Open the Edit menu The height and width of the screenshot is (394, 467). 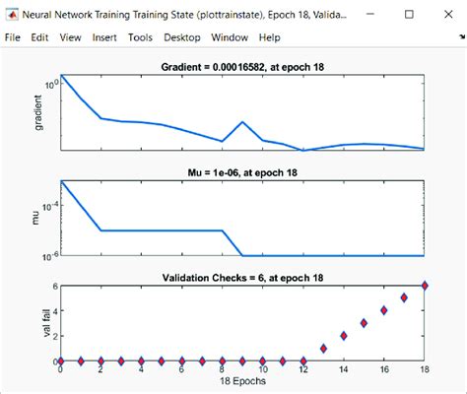coord(40,36)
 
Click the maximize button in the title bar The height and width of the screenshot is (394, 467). coord(407,13)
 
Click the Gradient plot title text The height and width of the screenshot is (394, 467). coord(242,66)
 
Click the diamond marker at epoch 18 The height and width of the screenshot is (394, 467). coord(425,286)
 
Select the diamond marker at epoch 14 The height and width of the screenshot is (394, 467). coord(344,336)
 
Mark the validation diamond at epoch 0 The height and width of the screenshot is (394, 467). coord(61,361)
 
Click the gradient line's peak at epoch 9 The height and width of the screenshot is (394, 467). coord(243,123)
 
